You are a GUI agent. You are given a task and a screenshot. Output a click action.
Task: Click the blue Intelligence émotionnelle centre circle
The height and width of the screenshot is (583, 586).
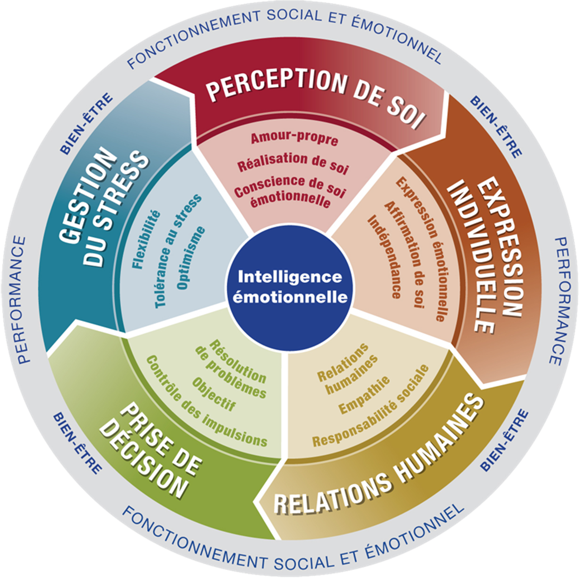coord(290,287)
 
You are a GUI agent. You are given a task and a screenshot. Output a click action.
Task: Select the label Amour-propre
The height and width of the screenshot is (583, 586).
coord(294,138)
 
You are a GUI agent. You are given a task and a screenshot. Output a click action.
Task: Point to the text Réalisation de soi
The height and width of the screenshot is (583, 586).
coord(293,163)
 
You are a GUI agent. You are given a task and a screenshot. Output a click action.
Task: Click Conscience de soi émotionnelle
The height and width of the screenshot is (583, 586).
coord(290,192)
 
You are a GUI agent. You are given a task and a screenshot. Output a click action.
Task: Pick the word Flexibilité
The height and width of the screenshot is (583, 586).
coord(146,240)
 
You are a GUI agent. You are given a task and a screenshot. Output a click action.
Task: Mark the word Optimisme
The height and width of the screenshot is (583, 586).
coord(191,257)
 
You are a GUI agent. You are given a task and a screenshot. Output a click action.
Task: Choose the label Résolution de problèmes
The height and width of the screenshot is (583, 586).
coord(231,368)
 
